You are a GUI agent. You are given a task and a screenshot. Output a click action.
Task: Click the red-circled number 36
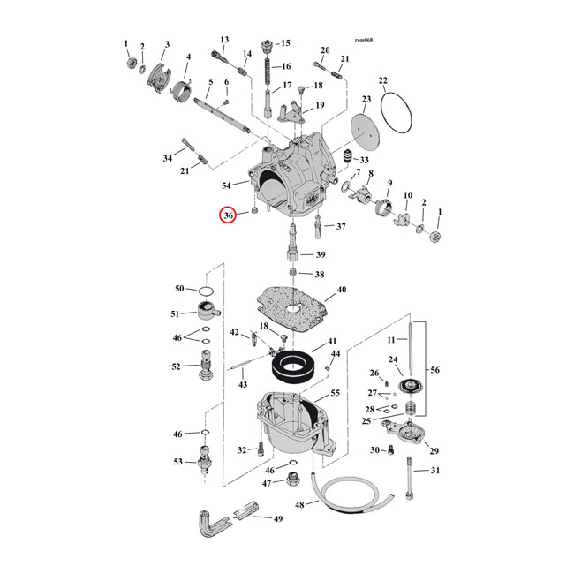coord(228,215)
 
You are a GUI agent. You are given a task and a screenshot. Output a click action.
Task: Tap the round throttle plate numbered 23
coord(365,132)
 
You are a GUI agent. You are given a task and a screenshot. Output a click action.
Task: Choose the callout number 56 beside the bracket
coord(434,370)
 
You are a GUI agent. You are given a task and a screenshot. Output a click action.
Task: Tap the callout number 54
coord(226,185)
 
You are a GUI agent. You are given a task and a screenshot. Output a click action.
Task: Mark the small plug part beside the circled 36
coord(255,210)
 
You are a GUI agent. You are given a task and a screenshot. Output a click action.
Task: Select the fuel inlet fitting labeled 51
coord(208,311)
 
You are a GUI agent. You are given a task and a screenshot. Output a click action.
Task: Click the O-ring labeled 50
coord(206,291)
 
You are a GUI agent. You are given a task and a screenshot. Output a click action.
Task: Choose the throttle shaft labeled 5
coord(223,116)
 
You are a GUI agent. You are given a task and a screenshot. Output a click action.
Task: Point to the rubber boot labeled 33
coord(347,156)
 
